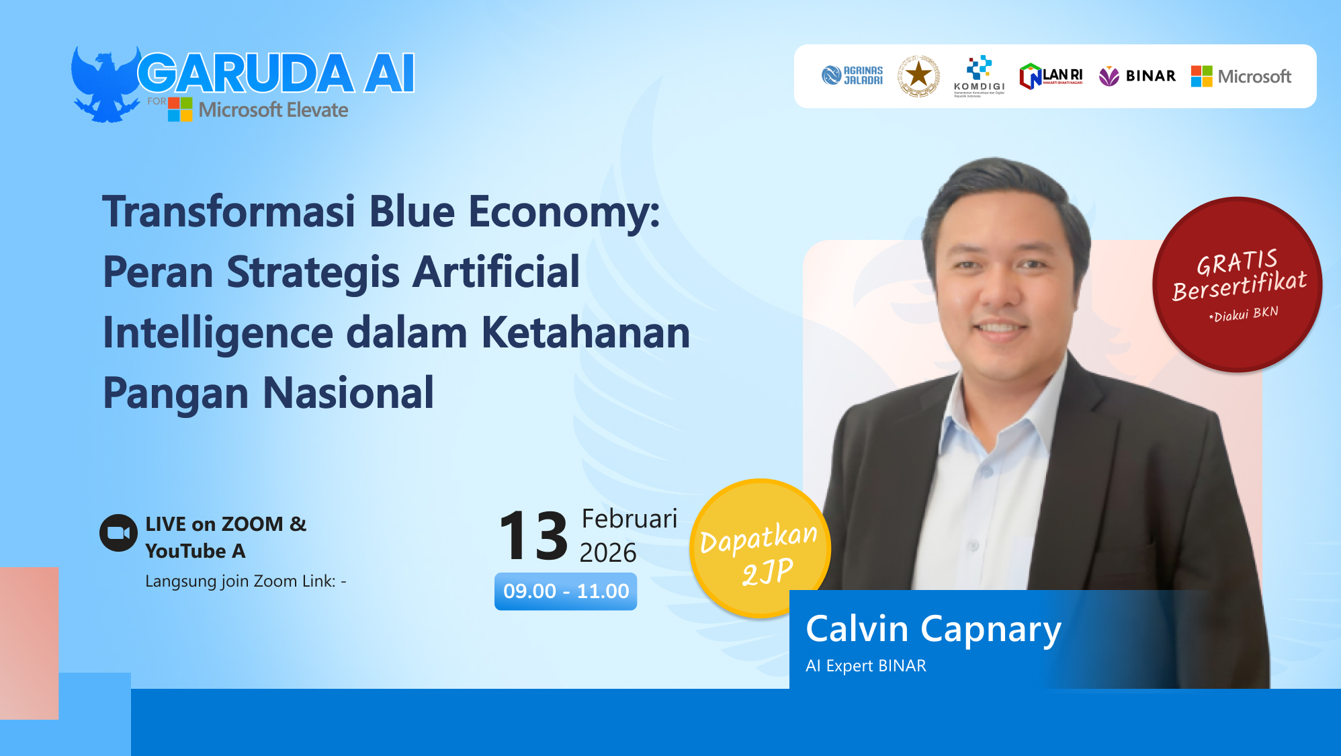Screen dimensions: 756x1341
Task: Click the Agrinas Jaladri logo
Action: click(852, 75)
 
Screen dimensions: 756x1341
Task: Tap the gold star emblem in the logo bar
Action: click(918, 76)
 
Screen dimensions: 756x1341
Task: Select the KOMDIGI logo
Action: click(979, 76)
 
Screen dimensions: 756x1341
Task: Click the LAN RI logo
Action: click(1051, 76)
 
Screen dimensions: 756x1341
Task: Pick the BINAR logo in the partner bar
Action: click(1137, 76)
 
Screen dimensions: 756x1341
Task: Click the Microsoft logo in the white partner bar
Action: click(1241, 76)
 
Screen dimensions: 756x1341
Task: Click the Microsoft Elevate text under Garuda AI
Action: click(273, 110)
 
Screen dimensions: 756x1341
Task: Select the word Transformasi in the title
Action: click(228, 212)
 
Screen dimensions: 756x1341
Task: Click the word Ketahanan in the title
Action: click(585, 333)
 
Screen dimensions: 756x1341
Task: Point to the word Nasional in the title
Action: click(348, 393)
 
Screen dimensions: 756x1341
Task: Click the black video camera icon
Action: click(118, 533)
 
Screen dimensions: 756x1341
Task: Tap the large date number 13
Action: click(533, 536)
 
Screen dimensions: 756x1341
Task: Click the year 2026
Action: click(607, 552)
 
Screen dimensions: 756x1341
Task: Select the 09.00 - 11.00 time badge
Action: click(566, 591)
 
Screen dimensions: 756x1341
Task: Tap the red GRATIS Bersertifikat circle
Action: click(1237, 284)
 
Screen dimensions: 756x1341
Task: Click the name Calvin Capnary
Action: click(933, 630)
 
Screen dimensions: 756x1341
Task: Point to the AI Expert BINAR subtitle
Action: click(865, 666)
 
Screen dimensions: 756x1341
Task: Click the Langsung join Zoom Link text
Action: click(245, 581)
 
